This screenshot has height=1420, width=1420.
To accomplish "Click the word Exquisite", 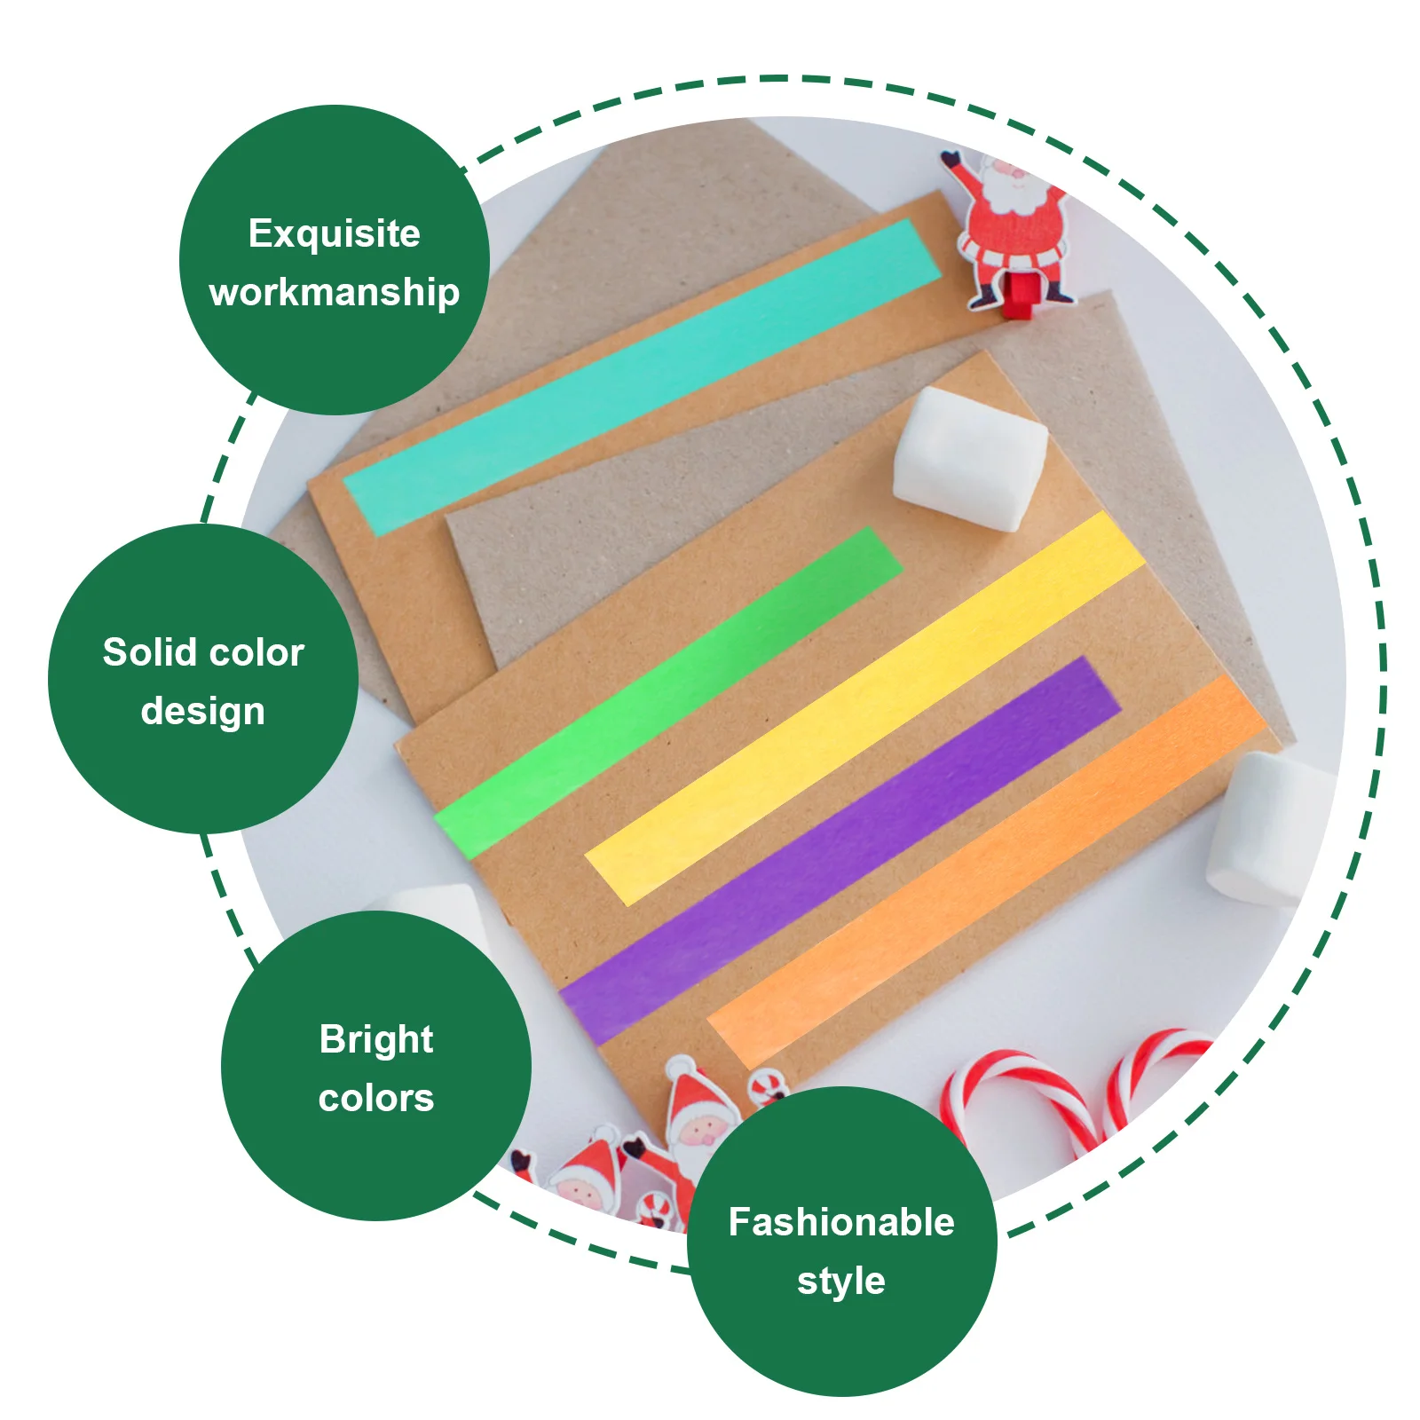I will point(334,233).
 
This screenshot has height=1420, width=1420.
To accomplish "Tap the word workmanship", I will point(334,292).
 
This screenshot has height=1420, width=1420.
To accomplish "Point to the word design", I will point(202,711).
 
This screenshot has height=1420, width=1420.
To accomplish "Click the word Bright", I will point(376,1039).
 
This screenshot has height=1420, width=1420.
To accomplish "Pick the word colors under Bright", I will point(376,1098).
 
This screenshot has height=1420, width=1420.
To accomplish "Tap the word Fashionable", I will point(840,1222).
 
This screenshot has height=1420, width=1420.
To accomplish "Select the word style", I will point(840,1281).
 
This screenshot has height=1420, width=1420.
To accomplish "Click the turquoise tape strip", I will point(639,377).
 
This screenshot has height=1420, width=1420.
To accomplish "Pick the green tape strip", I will point(666,692).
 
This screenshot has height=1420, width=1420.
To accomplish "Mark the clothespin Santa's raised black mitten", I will point(951,161).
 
